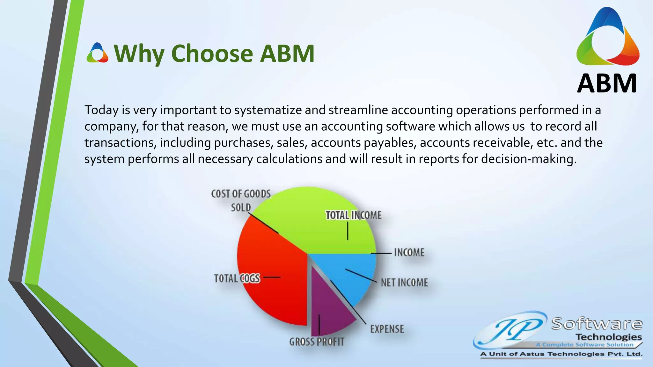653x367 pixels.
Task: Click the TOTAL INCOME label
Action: pos(353,215)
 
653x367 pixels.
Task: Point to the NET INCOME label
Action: pos(404,283)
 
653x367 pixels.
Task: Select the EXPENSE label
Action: pos(387,329)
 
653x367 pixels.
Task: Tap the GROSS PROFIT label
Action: pos(317,342)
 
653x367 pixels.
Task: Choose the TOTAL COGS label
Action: pos(237,278)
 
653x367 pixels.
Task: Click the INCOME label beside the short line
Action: pos(409,253)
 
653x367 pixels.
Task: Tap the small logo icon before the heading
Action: pos(97,53)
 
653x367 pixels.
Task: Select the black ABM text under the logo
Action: pos(607,83)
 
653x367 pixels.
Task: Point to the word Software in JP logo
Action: pos(597,324)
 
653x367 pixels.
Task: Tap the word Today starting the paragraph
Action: pos(101,110)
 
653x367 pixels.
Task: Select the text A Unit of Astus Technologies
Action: pos(561,354)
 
